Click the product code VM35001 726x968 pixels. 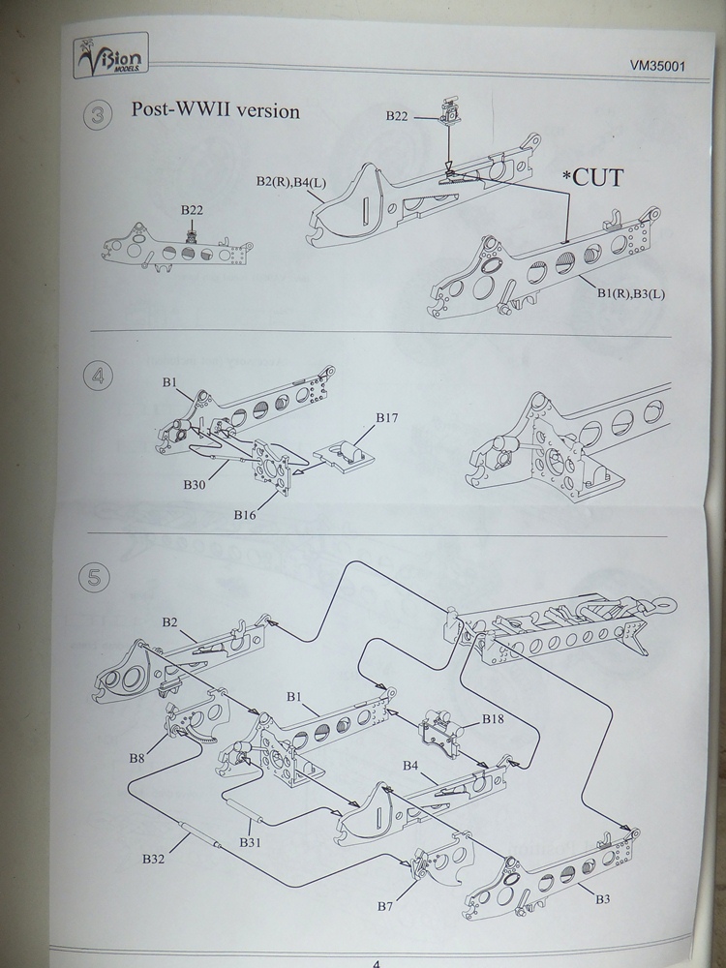tap(659, 69)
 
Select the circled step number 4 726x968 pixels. tap(96, 376)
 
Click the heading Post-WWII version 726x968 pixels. tap(215, 110)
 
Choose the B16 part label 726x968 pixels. tap(244, 514)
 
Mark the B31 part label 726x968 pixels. tap(250, 840)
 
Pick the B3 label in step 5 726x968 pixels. tap(601, 898)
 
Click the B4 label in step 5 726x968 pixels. tap(410, 766)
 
